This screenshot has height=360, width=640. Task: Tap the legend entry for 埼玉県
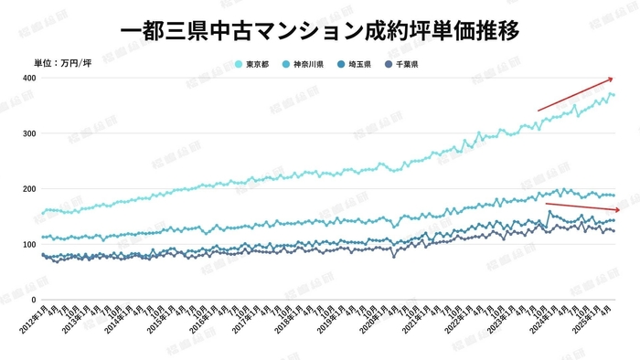coord(359,63)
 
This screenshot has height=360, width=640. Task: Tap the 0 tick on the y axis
coord(32,300)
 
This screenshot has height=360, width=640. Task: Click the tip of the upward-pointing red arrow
coord(613,79)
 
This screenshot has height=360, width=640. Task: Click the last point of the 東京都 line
coord(614,95)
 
